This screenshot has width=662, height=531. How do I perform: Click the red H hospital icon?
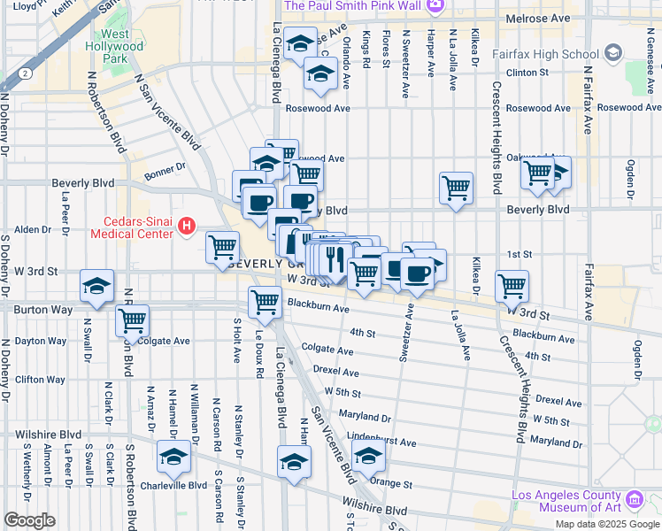click(186, 227)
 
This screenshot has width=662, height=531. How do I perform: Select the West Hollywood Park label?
click(110, 47)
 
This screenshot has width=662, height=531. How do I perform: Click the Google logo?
click(29, 520)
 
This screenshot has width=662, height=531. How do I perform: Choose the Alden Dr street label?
click(33, 229)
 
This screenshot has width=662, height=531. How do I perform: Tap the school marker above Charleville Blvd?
click(174, 458)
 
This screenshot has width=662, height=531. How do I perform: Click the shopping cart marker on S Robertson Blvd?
click(132, 321)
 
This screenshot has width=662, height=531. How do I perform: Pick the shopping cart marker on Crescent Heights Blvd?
click(512, 286)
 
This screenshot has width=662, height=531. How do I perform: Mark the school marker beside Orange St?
click(367, 458)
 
